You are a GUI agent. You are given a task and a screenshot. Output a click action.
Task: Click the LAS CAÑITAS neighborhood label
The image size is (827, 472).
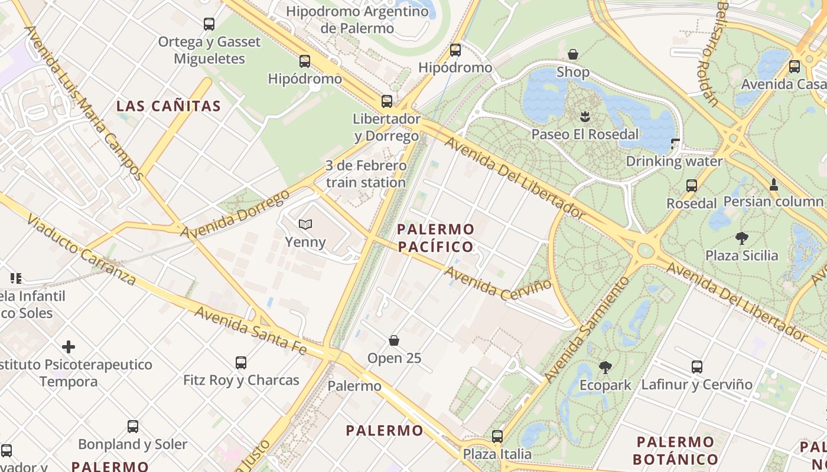(168, 106)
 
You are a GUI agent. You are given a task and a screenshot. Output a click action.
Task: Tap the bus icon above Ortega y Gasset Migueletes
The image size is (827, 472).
(209, 24)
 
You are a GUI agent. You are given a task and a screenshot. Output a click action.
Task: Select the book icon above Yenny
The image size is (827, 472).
(305, 224)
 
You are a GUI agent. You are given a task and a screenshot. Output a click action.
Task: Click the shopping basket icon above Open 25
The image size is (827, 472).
(394, 340)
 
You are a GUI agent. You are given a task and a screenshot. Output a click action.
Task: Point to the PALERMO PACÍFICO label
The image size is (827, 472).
(436, 238)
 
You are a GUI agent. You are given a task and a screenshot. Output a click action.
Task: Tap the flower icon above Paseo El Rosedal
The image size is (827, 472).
(585, 116)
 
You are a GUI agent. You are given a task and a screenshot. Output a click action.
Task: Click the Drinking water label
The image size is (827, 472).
(674, 161)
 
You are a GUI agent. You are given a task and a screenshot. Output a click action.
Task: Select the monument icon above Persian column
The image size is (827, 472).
(773, 185)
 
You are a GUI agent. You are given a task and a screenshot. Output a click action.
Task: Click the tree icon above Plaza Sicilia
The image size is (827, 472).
(742, 238)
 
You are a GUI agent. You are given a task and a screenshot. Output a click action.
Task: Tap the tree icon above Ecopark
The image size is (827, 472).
(605, 368)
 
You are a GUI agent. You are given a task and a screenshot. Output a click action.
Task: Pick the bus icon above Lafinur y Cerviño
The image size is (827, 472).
(697, 367)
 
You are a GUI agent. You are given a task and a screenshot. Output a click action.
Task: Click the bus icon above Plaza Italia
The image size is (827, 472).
(497, 437)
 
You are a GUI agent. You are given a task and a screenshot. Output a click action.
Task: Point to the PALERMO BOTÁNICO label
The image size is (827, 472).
(675, 450)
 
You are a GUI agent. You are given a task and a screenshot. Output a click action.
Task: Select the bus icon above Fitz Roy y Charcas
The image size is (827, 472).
(241, 362)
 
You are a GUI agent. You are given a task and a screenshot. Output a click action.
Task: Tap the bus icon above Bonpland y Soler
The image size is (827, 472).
(133, 426)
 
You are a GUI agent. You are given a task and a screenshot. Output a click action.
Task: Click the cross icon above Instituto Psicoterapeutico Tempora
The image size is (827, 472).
(69, 346)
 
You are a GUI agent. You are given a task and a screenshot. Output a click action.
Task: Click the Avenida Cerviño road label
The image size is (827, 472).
(497, 283)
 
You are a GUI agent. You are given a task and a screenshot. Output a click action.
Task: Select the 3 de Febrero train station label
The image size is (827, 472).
(366, 174)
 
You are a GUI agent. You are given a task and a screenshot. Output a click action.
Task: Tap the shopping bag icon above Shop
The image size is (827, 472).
(573, 55)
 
